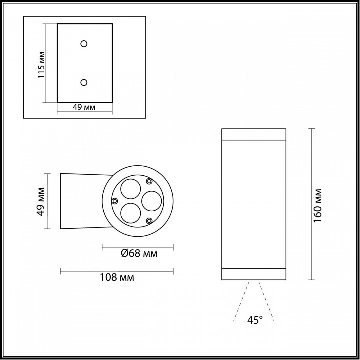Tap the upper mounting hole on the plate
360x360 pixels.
(84, 43)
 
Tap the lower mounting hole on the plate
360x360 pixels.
(84, 82)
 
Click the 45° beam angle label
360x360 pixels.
(255, 320)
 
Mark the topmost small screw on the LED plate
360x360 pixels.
(149, 181)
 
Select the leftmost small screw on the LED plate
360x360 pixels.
(115, 201)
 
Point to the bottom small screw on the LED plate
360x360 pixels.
(149, 220)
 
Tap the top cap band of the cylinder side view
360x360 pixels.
(254, 135)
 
